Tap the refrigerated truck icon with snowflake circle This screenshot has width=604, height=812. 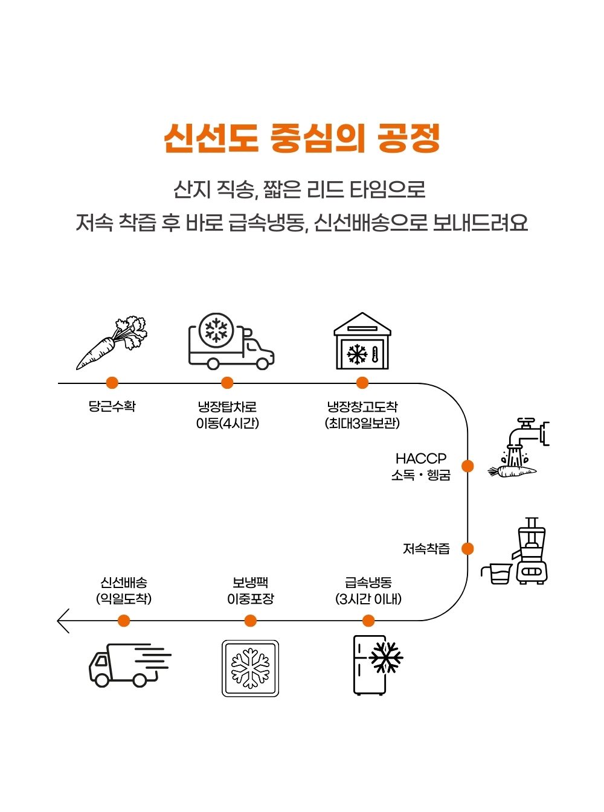tap(231, 342)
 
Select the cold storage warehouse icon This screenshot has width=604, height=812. tap(362, 342)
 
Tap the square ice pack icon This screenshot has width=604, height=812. tap(250, 668)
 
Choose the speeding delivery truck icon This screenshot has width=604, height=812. tap(129, 665)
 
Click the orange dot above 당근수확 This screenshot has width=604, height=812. tap(112, 383)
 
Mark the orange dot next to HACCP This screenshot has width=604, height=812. tap(467, 466)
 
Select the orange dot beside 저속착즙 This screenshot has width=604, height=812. tap(467, 549)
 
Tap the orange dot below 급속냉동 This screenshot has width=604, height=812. tap(368, 621)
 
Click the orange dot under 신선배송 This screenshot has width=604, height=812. tap(124, 621)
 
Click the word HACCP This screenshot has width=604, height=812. tap(421, 458)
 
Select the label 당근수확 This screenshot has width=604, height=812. tap(112, 406)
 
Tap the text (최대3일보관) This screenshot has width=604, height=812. tap(362, 423)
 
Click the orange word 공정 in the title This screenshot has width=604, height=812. tap(408, 138)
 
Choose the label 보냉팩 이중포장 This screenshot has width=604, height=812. tap(250, 590)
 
